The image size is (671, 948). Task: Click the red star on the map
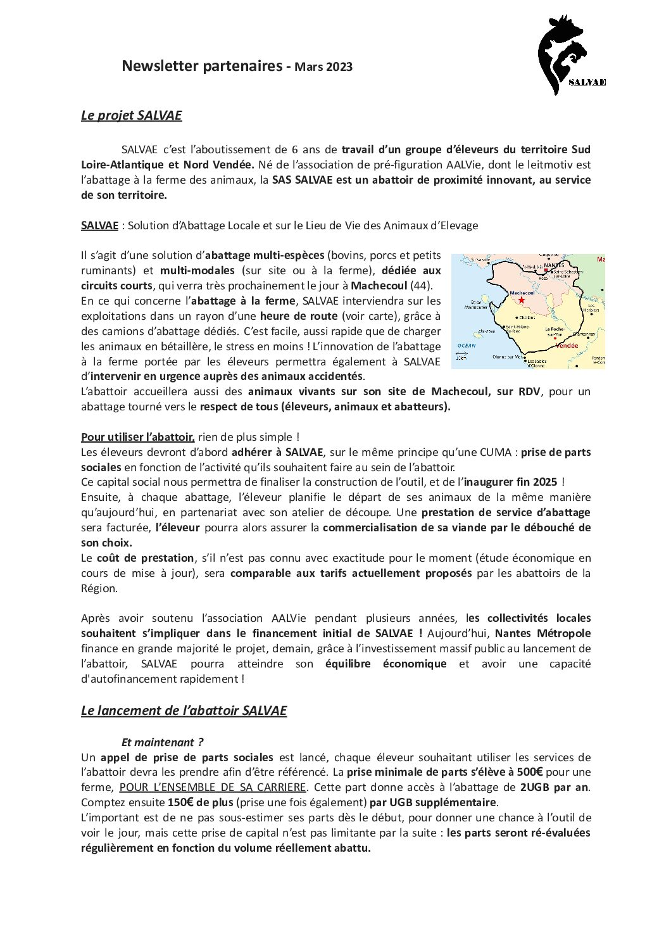(x=521, y=300)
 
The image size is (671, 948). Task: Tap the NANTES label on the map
(x=554, y=265)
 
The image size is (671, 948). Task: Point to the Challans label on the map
(x=527, y=317)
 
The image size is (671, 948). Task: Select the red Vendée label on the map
(x=566, y=346)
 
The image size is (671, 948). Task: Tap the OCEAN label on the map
(x=466, y=345)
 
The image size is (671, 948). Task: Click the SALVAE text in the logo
(x=587, y=82)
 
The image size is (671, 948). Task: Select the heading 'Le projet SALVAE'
(x=131, y=115)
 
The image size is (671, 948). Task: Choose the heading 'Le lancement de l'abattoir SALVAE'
(x=184, y=711)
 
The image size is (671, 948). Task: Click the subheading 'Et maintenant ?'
(x=162, y=742)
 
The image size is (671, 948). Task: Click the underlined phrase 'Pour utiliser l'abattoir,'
(x=137, y=437)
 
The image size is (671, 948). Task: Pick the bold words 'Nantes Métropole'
(x=551, y=633)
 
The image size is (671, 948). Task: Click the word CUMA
(x=497, y=452)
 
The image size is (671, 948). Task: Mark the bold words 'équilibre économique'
(x=386, y=664)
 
